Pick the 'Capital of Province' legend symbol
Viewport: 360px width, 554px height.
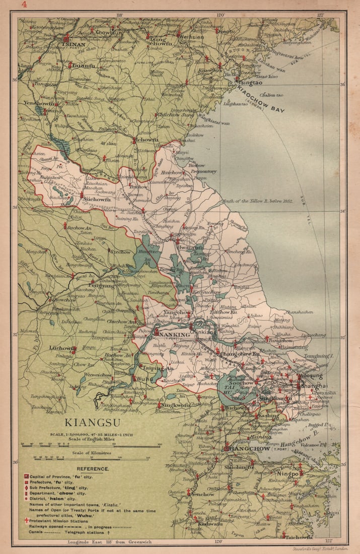click(x=26, y=476)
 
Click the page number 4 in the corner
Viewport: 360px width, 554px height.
click(x=24, y=5)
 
